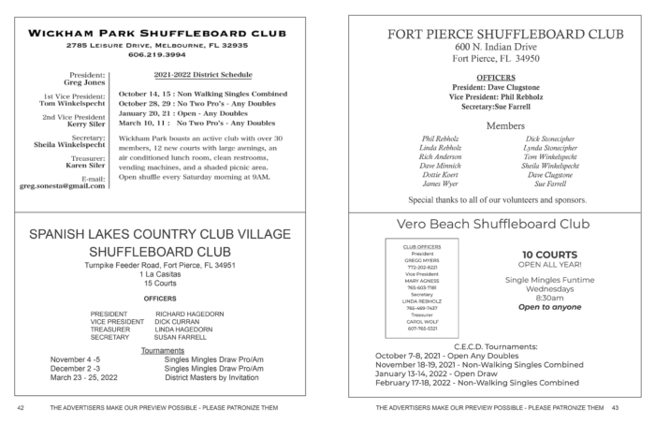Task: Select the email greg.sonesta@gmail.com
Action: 62,186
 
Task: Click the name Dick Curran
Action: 179,322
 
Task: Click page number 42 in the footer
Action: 20,409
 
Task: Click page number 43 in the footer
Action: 616,409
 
